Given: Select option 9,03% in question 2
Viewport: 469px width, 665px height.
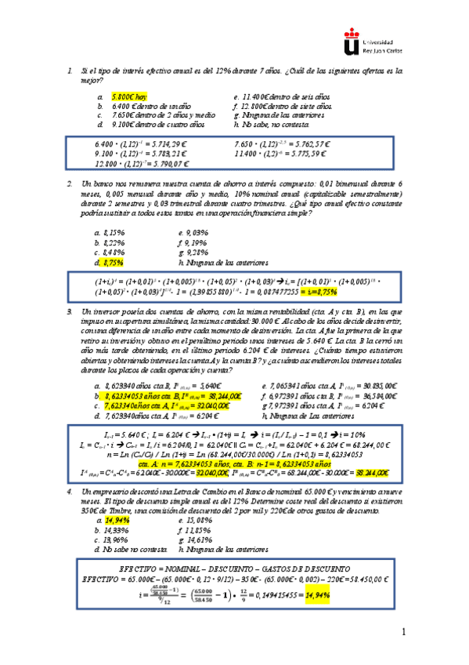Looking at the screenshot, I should coord(193,232).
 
